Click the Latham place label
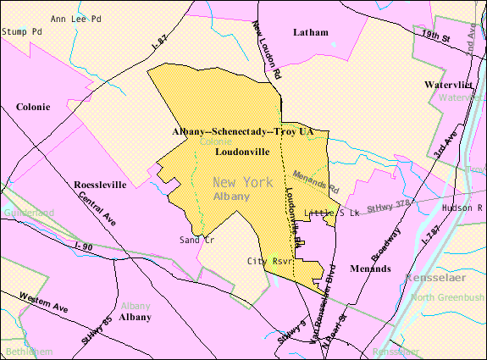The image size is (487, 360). (x=309, y=32)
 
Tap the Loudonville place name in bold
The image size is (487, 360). (x=242, y=152)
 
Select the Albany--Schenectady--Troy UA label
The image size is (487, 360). (x=242, y=133)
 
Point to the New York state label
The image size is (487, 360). (x=242, y=182)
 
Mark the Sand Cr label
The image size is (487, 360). (x=196, y=241)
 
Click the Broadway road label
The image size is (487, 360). (x=386, y=242)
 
